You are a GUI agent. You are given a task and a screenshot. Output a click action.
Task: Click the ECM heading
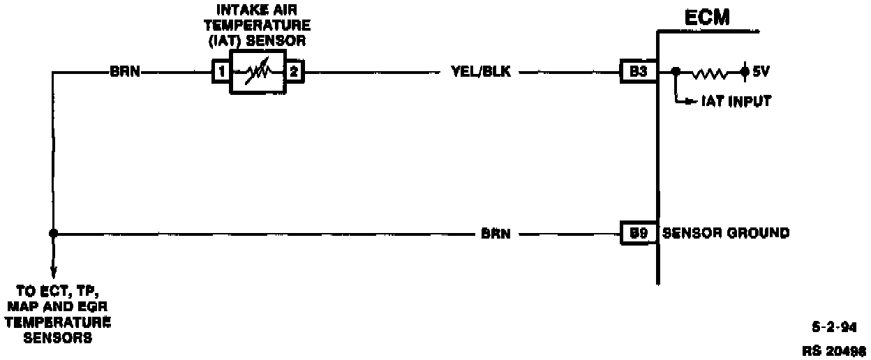click(706, 17)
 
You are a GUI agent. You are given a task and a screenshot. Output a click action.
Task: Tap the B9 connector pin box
click(638, 234)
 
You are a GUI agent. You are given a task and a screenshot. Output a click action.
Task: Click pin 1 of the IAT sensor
click(221, 71)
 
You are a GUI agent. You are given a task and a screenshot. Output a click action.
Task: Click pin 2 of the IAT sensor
click(293, 71)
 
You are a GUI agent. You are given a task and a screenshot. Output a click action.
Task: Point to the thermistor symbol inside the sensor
click(257, 72)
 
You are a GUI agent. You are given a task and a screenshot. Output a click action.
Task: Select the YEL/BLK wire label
click(481, 71)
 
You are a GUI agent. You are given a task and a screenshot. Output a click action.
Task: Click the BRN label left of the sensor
click(126, 71)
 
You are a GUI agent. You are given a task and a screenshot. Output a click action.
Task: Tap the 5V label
click(760, 71)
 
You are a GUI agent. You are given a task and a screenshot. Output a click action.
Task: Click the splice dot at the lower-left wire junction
click(53, 234)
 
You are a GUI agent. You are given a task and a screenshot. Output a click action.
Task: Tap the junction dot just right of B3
click(675, 71)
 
